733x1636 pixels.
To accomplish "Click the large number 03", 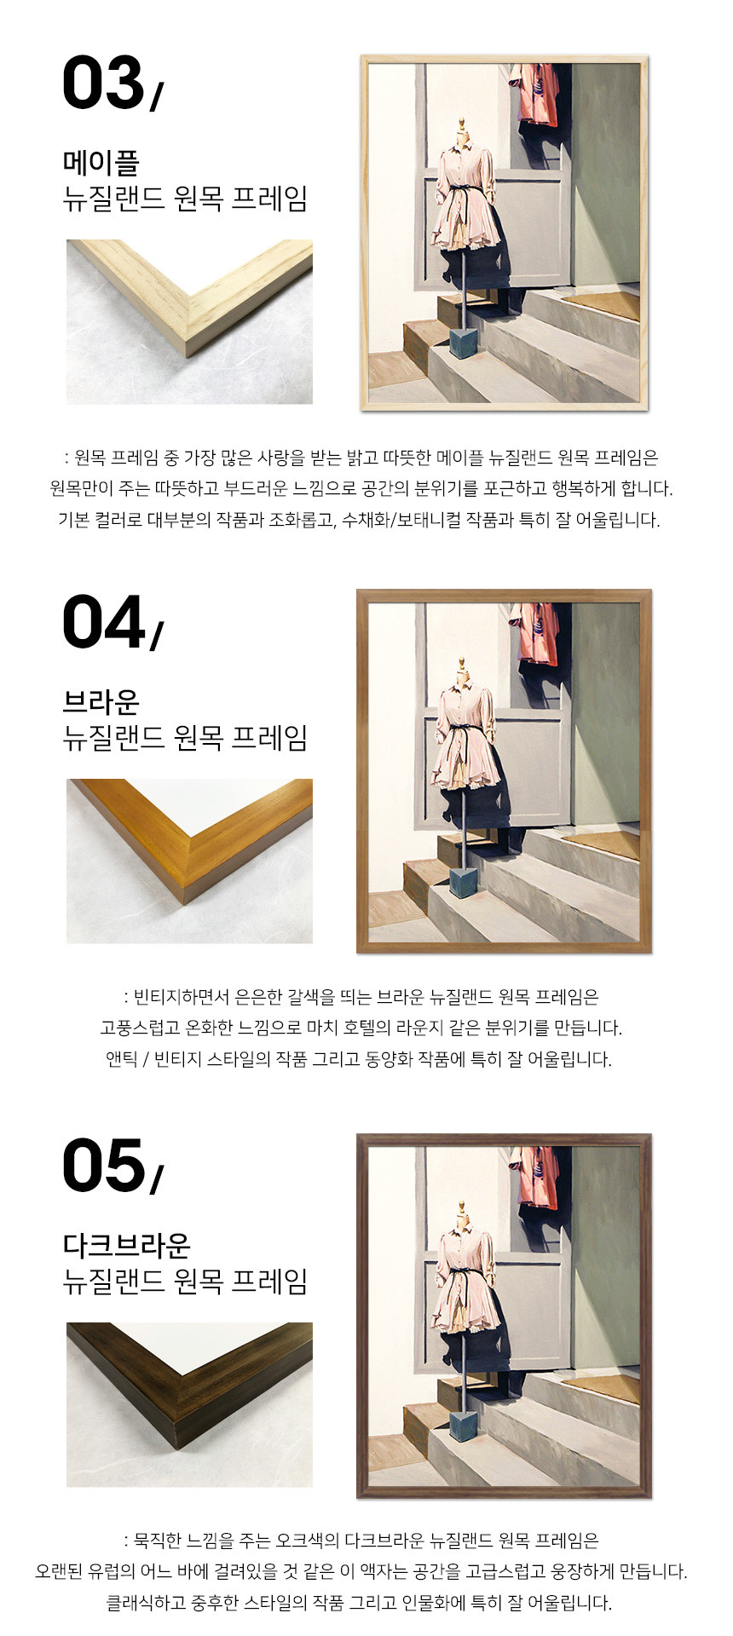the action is pyautogui.click(x=103, y=83).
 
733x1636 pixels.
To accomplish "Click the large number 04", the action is pyautogui.click(x=104, y=622).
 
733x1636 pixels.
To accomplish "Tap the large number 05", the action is pyautogui.click(x=104, y=1166).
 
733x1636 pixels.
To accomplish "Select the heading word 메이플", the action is pyautogui.click(x=101, y=162).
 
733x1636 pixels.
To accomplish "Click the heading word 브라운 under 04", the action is pyautogui.click(x=101, y=701).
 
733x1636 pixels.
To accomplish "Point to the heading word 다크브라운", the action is pyautogui.click(x=126, y=1245).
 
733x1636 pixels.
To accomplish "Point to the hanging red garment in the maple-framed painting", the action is pyautogui.click(x=536, y=94).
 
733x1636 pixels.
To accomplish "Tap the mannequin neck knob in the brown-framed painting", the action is pyautogui.click(x=462, y=662).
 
